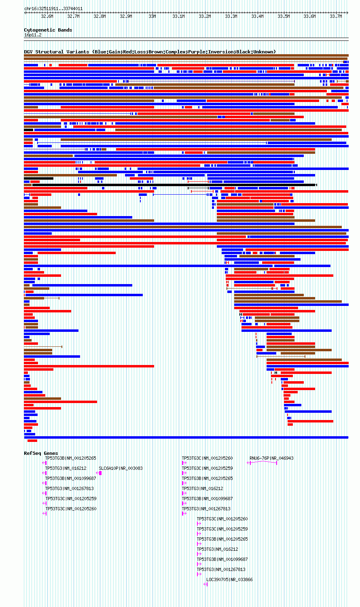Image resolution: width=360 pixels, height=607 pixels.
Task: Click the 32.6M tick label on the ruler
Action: coord(47,16)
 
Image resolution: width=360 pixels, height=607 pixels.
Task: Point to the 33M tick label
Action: coord(152,16)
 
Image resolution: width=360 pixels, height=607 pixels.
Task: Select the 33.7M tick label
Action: coord(336,16)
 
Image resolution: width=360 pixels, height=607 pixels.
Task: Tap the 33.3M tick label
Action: coord(231,16)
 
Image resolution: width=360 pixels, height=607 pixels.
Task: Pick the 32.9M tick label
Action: coord(126,16)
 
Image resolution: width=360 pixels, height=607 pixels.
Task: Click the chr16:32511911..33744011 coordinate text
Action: coord(53,8)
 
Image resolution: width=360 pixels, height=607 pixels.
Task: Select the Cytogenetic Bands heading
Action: coord(48,30)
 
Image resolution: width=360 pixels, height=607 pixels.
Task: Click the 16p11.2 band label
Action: coord(33,35)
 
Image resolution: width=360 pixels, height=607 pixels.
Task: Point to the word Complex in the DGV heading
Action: coord(175,52)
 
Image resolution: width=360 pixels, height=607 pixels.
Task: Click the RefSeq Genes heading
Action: coord(41,453)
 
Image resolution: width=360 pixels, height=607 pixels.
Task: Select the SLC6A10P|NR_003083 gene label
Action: coord(121,468)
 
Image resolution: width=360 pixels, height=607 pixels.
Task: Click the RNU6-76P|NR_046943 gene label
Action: coord(271,458)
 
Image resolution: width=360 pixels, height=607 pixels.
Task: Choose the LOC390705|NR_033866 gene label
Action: coord(229,579)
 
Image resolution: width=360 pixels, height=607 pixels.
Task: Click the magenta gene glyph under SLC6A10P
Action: coord(99,473)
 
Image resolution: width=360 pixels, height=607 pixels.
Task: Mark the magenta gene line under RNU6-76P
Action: coord(262,461)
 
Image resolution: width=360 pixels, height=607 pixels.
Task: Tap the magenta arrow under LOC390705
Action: coord(205,584)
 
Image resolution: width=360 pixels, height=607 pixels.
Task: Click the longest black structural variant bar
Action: coord(174,185)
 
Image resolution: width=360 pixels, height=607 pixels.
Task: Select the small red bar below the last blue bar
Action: coord(32,441)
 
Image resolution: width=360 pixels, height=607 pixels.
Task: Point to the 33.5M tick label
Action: coord(284,16)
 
